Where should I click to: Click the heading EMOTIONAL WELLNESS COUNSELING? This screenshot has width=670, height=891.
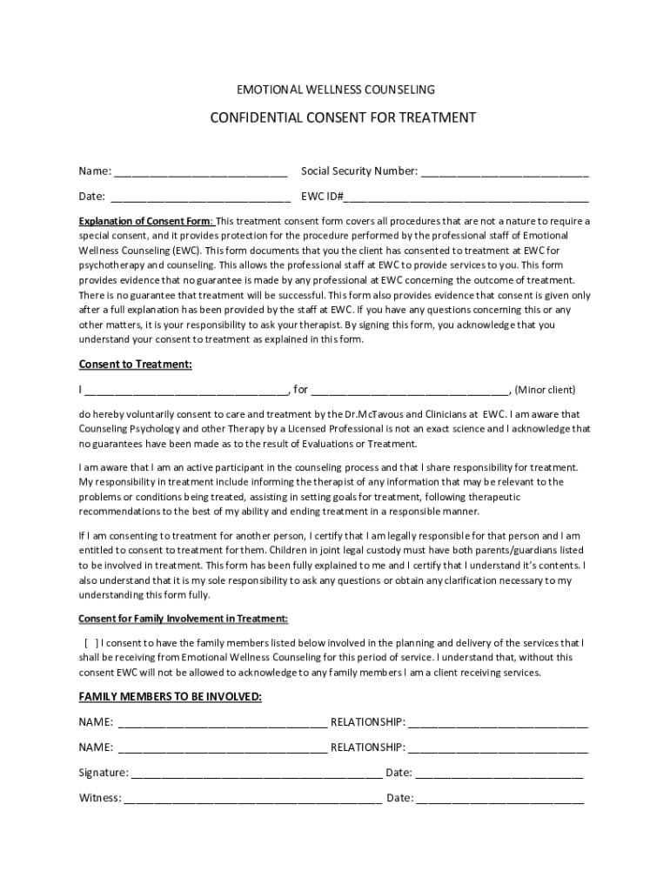(x=336, y=90)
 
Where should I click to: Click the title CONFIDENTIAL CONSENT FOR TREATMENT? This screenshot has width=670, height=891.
(x=343, y=117)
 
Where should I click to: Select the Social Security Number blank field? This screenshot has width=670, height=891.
(x=505, y=171)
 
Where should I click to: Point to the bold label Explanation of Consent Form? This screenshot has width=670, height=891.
(x=145, y=221)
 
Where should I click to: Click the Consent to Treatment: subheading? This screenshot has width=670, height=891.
(x=135, y=364)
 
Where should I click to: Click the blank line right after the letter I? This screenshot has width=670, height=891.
(x=187, y=391)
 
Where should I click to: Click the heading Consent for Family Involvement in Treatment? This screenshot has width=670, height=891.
(x=183, y=619)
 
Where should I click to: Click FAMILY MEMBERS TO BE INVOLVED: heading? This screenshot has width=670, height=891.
(x=170, y=697)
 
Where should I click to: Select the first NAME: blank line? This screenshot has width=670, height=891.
(x=222, y=723)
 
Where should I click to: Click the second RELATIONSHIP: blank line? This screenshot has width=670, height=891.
(x=498, y=748)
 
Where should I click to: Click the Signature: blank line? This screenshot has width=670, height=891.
(x=257, y=774)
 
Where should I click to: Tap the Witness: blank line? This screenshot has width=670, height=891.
(x=252, y=799)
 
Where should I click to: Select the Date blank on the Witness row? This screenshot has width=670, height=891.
(x=500, y=799)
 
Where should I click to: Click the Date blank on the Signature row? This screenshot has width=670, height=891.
(x=499, y=774)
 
